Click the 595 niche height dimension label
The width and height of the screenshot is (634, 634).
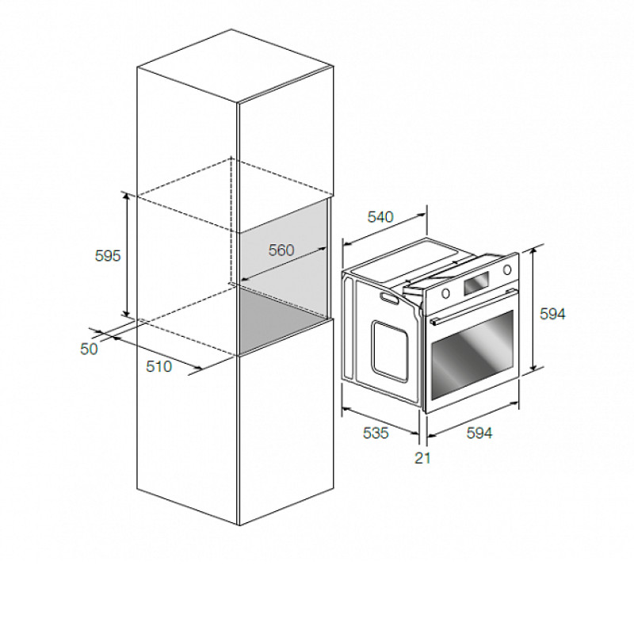point(108,255)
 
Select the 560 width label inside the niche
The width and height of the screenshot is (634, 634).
point(281,250)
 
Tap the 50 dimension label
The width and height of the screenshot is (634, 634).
point(89,349)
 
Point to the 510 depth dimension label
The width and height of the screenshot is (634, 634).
point(159,366)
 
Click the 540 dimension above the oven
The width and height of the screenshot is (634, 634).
point(380,217)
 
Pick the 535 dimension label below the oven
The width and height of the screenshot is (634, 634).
point(376,433)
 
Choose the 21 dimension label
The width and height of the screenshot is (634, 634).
point(422,458)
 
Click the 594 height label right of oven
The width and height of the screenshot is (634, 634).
point(552,314)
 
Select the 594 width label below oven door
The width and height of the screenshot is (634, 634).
point(479,433)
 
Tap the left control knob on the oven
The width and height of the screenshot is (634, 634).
point(445,293)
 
